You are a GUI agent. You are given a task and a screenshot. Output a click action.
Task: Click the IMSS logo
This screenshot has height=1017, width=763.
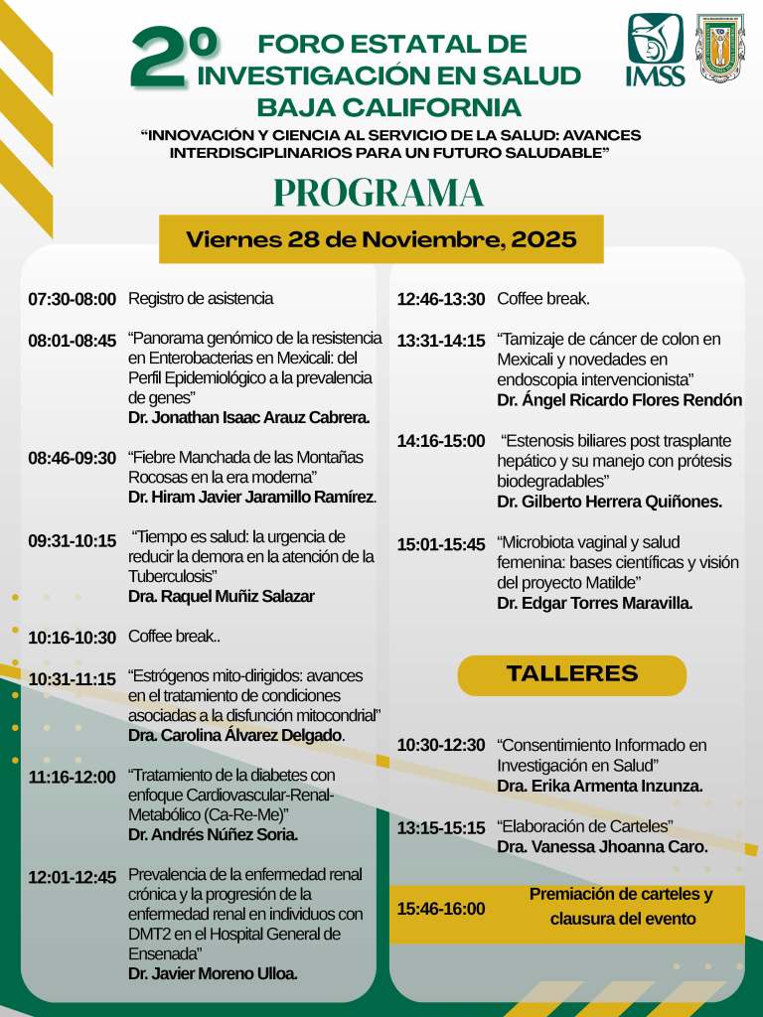tap(655, 50)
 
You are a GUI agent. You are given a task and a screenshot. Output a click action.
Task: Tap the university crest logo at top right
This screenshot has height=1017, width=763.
tap(719, 47)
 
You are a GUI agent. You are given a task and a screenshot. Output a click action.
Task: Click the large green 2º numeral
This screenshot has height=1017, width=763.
tap(173, 58)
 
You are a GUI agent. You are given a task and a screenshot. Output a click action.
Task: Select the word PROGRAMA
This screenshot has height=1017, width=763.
tap(379, 193)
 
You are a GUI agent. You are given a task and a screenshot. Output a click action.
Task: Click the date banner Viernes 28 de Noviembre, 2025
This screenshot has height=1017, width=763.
tap(381, 239)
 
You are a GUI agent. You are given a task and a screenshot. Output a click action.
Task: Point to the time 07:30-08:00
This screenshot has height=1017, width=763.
tap(72, 299)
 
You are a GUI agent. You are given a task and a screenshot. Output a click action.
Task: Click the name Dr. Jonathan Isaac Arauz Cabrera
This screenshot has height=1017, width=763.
tap(248, 417)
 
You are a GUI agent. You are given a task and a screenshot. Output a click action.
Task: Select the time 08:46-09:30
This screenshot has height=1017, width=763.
tap(72, 459)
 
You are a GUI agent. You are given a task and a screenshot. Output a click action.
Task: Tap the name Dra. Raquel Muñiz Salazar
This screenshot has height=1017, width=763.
tap(221, 596)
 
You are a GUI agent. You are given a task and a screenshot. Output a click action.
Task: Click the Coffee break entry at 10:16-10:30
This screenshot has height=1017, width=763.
tap(175, 637)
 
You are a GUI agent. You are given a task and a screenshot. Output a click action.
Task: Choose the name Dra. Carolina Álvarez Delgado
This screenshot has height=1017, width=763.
tap(235, 735)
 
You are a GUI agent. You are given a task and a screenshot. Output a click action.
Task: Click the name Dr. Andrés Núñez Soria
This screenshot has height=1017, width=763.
tap(213, 834)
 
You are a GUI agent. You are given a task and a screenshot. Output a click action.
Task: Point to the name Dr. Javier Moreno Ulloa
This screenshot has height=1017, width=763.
tap(213, 972)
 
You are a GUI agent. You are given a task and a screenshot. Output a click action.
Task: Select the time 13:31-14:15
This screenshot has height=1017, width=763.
tap(441, 341)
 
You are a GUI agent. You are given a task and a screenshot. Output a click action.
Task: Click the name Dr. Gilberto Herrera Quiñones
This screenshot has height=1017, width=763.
tap(609, 502)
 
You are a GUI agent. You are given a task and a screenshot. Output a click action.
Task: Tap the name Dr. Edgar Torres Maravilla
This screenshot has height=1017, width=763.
tap(594, 603)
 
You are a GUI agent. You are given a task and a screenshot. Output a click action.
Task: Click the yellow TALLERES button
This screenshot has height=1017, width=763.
tap(571, 674)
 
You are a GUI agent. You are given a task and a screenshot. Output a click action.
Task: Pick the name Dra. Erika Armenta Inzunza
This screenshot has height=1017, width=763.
tap(600, 786)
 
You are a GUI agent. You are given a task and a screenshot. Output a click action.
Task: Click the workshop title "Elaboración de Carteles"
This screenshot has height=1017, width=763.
tap(585, 826)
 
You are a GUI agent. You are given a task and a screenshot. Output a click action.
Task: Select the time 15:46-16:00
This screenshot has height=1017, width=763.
tap(441, 908)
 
